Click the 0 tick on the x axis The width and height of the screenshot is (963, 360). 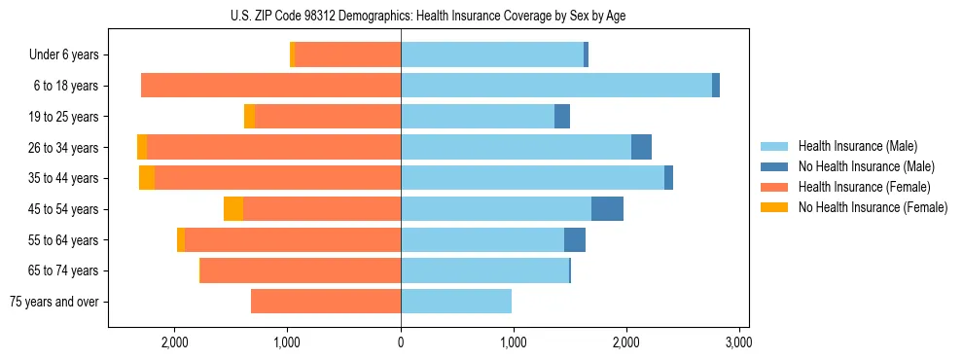tap(401, 342)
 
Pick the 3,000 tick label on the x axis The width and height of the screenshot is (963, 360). tap(738, 342)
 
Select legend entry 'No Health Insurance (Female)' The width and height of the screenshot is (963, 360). tap(873, 207)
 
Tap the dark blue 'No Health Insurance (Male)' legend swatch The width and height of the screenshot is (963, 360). tap(774, 167)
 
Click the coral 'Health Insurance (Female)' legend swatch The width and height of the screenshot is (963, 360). tap(774, 187)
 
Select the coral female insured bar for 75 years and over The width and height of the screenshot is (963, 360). tap(326, 302)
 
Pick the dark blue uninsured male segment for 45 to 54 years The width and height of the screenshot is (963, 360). tap(607, 209)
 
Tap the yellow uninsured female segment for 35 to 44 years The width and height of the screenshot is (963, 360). tap(147, 178)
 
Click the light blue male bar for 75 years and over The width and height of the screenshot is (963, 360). tap(456, 302)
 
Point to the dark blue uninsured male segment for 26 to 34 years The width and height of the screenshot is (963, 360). tap(641, 147)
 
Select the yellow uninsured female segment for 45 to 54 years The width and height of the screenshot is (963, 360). tap(233, 209)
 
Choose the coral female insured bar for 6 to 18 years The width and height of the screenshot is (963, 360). tap(271, 86)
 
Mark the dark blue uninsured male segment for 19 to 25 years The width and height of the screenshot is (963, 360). tap(562, 117)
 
